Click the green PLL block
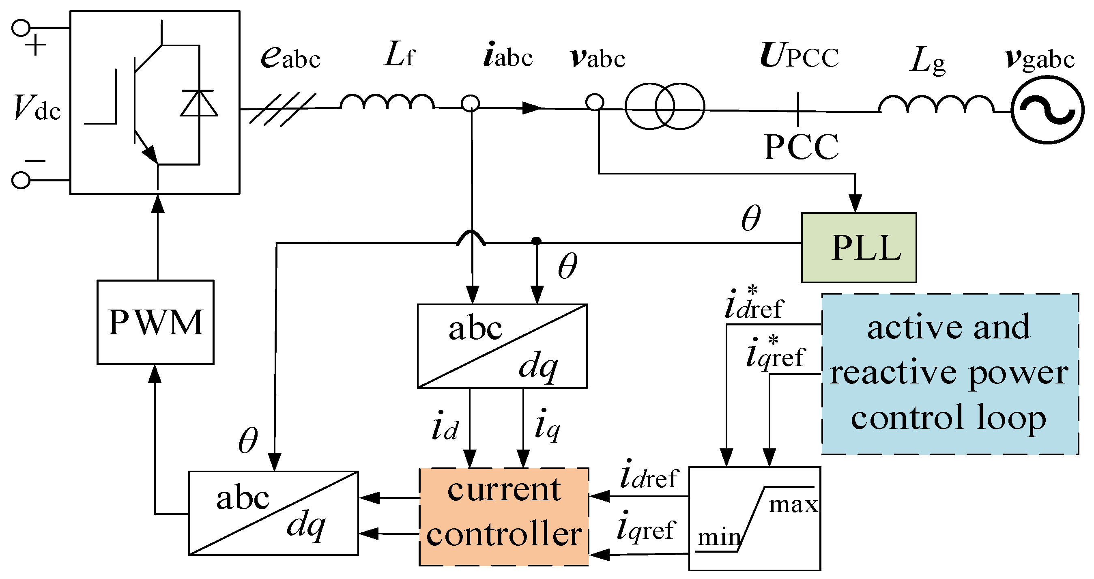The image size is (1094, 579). click(x=858, y=247)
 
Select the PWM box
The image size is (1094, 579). click(x=155, y=322)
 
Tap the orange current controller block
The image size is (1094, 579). click(x=504, y=517)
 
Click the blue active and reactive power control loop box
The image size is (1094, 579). click(x=950, y=374)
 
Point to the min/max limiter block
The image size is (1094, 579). click(x=754, y=518)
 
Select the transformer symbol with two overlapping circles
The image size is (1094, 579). click(x=665, y=106)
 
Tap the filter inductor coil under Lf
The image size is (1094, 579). click(x=387, y=102)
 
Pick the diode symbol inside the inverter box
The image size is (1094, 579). click(x=199, y=103)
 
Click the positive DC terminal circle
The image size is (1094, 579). click(x=21, y=28)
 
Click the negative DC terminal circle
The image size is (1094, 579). click(x=21, y=180)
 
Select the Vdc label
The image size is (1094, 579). click(x=37, y=108)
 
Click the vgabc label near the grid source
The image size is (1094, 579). click(x=1040, y=58)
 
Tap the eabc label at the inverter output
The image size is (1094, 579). click(x=290, y=57)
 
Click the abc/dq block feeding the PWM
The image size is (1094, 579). click(x=273, y=513)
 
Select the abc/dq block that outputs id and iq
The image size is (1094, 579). click(x=502, y=346)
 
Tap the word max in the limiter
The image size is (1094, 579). click(x=793, y=505)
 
